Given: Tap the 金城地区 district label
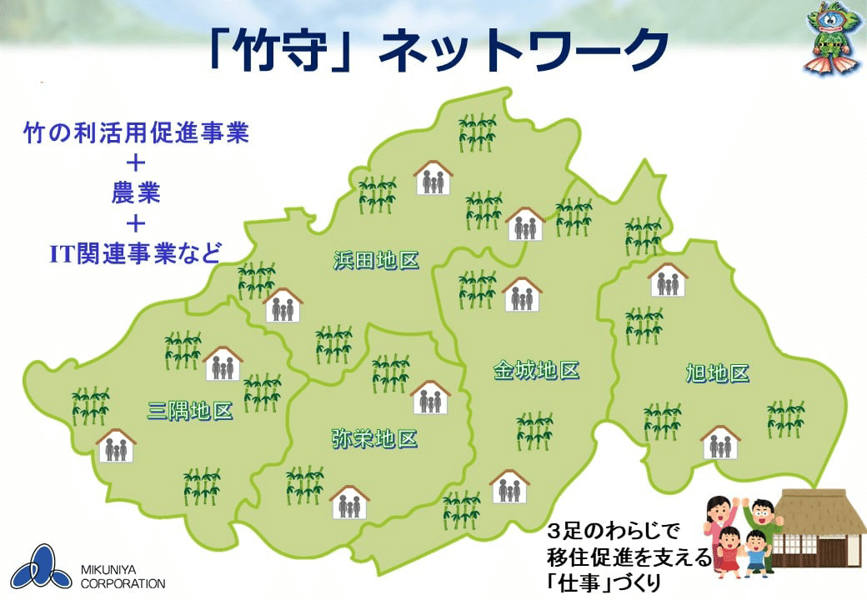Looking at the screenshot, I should pos(536,368).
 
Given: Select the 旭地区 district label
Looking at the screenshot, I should pos(717,372).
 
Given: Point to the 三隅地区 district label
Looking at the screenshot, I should pos(190,410).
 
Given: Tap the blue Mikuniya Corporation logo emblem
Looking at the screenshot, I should pos(49,569).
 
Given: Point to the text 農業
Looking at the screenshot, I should pos(136,193).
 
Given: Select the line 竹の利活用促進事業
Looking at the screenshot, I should pos(136,133).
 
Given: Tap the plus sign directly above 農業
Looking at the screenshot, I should pos(136,163).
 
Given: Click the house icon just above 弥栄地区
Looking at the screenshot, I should pos(430,397).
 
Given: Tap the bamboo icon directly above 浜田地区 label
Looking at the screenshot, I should pos(378,194).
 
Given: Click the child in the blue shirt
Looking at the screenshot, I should pos(755,551).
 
